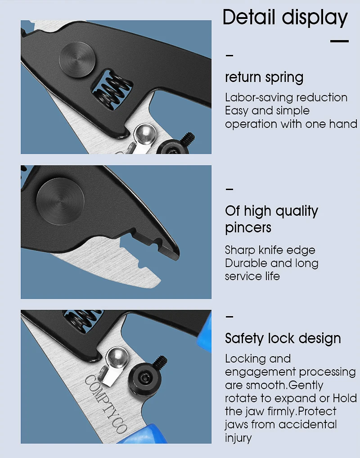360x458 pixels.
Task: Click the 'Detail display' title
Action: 285,18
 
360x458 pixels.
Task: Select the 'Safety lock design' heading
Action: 283,339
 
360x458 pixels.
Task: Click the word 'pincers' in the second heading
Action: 248,228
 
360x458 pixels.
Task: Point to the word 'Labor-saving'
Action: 253,98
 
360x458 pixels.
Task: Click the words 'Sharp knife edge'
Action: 270,250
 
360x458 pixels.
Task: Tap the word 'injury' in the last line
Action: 238,438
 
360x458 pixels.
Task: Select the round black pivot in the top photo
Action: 77,60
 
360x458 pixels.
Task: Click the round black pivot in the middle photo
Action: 60,201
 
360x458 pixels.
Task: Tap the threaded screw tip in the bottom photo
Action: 160,362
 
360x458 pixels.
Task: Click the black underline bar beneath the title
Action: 339,41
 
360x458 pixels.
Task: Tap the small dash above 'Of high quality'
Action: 229,189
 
